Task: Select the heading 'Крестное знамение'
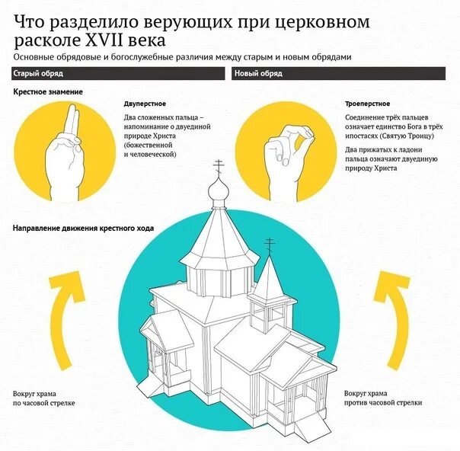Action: (x=48, y=91)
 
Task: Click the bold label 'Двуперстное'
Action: (x=145, y=103)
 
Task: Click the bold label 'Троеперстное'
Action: (x=369, y=103)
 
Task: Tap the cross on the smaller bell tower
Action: (x=269, y=245)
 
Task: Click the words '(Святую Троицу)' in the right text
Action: (x=407, y=136)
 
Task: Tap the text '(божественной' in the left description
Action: (x=149, y=145)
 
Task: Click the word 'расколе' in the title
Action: (x=46, y=40)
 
